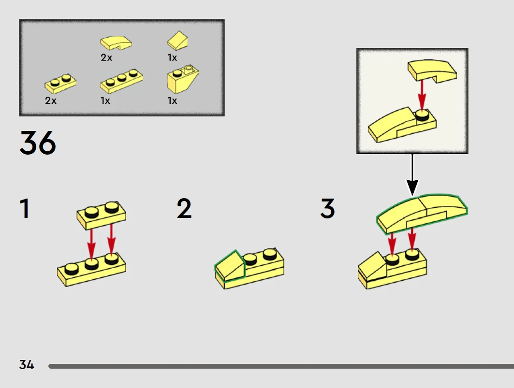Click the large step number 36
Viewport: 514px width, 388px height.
pyautogui.click(x=38, y=143)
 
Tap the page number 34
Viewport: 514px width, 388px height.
pyautogui.click(x=27, y=365)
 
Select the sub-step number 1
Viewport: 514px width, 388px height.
pyautogui.click(x=25, y=209)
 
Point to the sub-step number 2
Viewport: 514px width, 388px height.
pyautogui.click(x=184, y=209)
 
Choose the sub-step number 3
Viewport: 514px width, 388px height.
pyautogui.click(x=327, y=209)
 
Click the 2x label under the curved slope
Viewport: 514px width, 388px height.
pyautogui.click(x=106, y=57)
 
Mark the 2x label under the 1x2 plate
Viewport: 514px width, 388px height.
pyautogui.click(x=51, y=101)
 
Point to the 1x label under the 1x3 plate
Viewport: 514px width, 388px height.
pyautogui.click(x=105, y=101)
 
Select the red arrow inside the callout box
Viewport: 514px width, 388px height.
pyautogui.click(x=422, y=95)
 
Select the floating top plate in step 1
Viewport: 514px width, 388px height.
pyautogui.click(x=102, y=215)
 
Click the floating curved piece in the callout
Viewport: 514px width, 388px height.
pyautogui.click(x=431, y=70)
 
